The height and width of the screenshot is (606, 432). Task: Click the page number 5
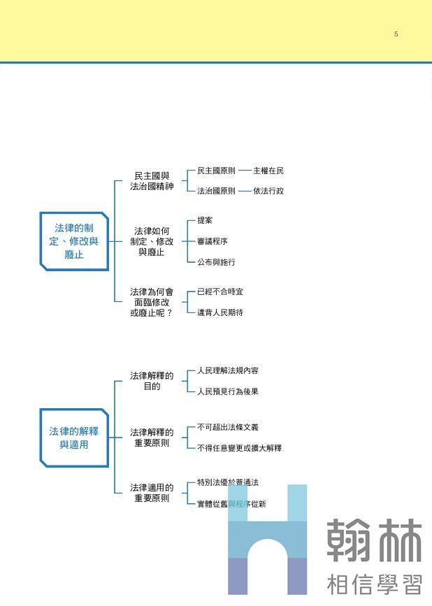396,34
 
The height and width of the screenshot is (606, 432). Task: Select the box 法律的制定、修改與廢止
74,241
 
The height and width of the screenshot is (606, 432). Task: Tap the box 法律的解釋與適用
74,438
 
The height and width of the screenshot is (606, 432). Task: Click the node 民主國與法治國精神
152,181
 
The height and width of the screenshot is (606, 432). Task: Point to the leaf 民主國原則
216,171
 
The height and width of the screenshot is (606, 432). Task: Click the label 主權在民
268,171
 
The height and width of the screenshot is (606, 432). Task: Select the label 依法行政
268,191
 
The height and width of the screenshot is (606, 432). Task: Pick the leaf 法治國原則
216,191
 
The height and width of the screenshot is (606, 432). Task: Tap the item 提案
205,221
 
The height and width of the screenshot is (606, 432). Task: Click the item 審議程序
212,241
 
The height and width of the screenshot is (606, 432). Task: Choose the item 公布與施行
216,262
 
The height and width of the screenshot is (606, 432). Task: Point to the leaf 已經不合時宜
219,291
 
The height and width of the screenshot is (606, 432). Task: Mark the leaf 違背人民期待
219,312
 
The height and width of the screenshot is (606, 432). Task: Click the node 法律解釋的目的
152,381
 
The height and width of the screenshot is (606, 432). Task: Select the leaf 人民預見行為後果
227,391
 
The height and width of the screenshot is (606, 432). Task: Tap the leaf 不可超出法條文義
227,427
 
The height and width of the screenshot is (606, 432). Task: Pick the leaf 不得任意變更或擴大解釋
239,448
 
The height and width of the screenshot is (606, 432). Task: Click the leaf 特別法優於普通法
227,482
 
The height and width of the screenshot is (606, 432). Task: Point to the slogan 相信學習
374,583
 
